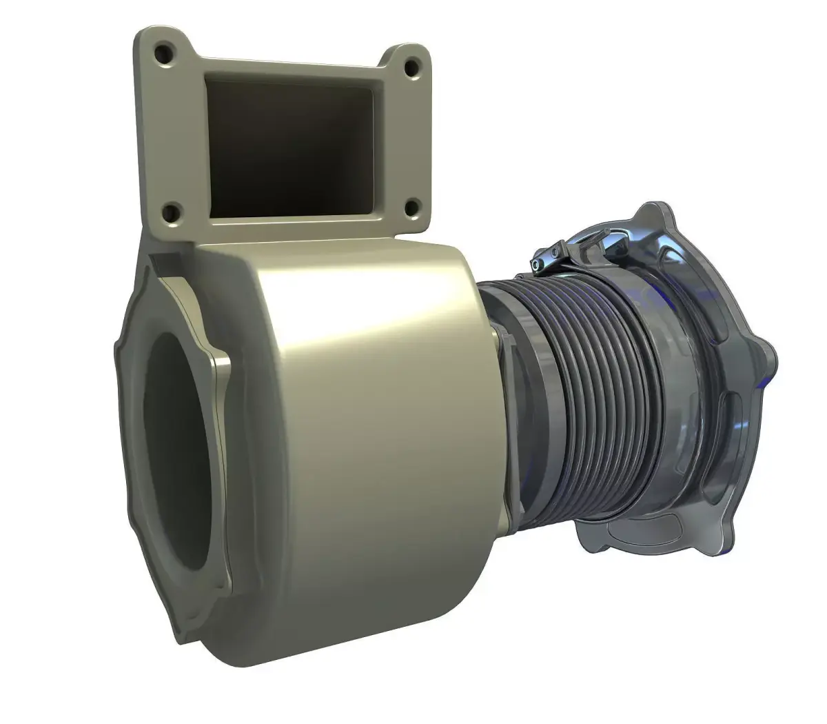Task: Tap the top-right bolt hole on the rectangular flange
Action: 411,68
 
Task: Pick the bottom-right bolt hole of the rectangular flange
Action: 411,206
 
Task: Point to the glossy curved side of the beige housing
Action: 372,414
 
